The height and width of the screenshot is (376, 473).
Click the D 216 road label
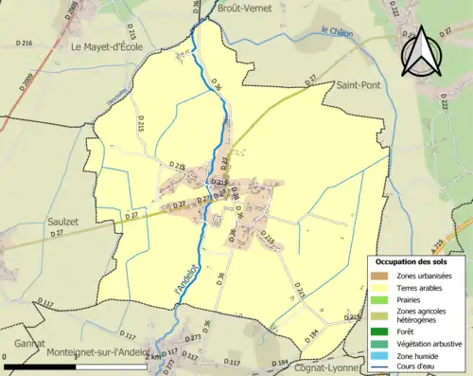click(26, 44)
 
